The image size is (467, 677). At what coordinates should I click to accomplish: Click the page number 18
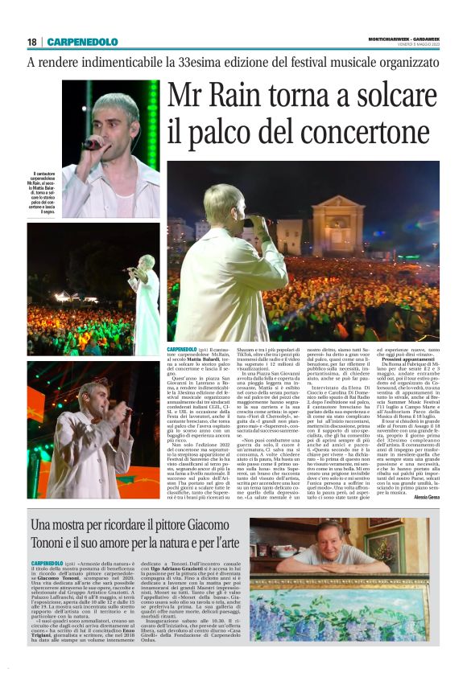[x=31, y=42]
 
